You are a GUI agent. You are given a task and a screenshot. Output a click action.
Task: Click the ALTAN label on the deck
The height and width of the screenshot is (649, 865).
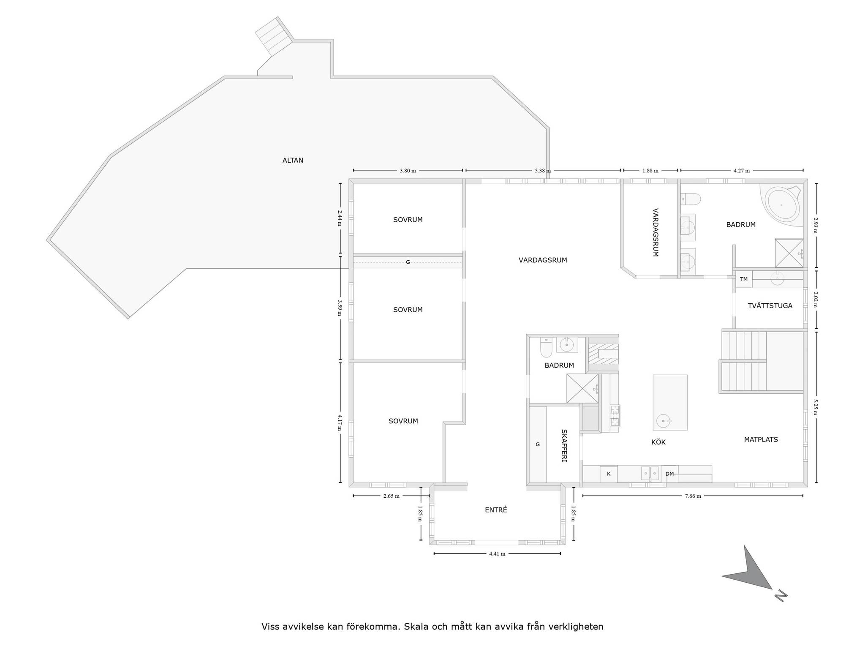[x=293, y=161]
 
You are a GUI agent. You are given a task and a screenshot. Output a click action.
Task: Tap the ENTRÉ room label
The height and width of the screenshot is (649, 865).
[x=496, y=510]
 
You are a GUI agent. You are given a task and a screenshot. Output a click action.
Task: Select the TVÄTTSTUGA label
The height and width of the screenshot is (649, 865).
[x=770, y=305]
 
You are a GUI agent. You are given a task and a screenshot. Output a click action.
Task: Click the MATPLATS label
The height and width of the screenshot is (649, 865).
[x=761, y=439]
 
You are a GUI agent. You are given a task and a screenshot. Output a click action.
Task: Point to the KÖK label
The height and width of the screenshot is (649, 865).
[x=658, y=442]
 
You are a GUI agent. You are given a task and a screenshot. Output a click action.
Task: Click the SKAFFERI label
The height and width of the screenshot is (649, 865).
[x=564, y=446]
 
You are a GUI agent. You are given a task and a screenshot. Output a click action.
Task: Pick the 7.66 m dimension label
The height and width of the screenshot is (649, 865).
[x=693, y=496]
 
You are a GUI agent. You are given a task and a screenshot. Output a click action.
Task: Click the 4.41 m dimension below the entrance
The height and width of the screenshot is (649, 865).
[x=497, y=554]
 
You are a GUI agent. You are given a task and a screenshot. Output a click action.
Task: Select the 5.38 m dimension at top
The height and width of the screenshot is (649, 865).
[x=543, y=171]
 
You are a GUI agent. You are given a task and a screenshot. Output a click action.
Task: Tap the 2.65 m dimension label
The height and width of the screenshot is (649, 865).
[x=391, y=496]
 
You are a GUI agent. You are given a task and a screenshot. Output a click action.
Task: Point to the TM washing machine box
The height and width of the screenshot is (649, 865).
[x=744, y=279]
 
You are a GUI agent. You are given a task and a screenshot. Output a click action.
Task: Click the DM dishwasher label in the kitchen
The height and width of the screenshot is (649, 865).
[x=669, y=474]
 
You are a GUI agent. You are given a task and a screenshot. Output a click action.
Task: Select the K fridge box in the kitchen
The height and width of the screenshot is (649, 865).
[x=609, y=474]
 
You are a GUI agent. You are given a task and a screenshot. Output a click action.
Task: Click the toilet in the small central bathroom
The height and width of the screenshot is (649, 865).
[x=546, y=348]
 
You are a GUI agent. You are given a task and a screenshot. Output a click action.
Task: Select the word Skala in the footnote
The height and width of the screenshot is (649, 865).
[x=415, y=627]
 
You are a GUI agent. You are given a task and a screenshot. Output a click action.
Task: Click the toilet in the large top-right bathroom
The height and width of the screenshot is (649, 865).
[x=691, y=198]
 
